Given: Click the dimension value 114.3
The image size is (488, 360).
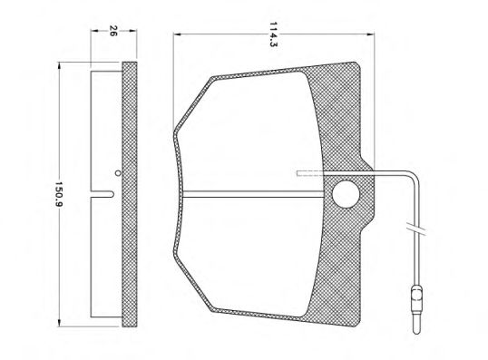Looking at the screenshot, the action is coord(273,34).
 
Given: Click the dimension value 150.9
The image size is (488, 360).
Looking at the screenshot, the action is coord(59,194).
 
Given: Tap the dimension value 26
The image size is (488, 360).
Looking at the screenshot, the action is coord(112,31).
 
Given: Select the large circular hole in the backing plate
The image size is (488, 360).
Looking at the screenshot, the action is coord(346,194).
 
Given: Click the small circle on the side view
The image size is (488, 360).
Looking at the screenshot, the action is coord(117,173).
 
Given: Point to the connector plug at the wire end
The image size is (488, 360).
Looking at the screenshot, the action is coord(415,310).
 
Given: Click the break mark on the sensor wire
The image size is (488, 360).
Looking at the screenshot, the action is coord(415,229).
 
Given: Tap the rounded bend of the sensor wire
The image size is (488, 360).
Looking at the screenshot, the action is coord(415,176).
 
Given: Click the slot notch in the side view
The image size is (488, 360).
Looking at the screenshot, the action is coord(102,194).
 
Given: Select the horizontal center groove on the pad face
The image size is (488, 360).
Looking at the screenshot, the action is coord(254,194).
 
